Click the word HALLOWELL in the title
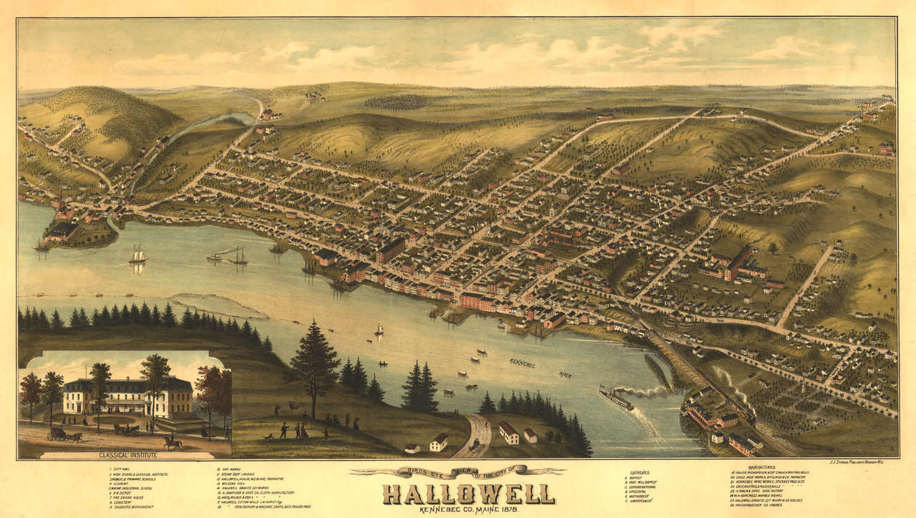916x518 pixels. coord(468,493)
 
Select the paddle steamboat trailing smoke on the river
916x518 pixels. coord(616,399)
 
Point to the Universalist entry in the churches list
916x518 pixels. coord(644,504)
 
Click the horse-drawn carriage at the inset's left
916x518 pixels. coord(64,434)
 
